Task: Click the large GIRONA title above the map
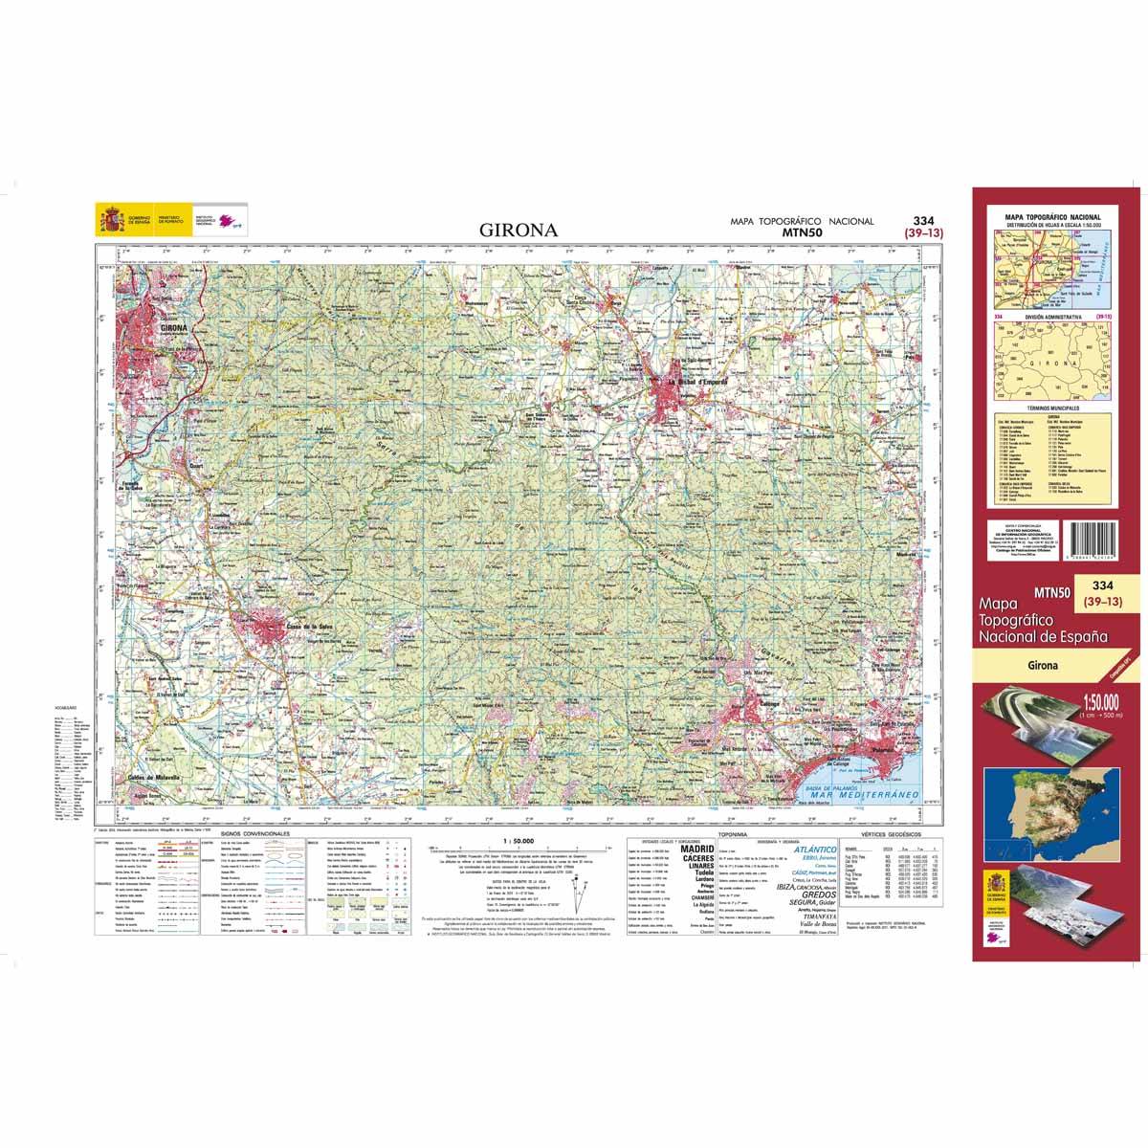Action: click(x=518, y=231)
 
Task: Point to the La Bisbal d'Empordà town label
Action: click(x=697, y=382)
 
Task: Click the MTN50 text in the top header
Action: click(x=802, y=232)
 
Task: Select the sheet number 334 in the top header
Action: click(x=923, y=220)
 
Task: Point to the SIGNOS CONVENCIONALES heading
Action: click(x=254, y=833)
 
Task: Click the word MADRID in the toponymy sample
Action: click(x=696, y=849)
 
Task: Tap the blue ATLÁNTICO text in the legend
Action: click(x=808, y=849)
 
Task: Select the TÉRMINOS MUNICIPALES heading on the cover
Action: click(x=1050, y=408)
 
